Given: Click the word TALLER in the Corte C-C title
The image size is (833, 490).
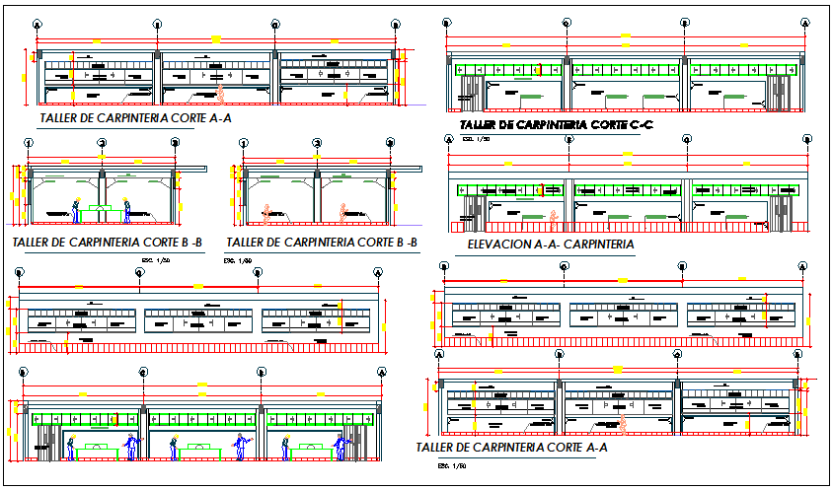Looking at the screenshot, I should (480, 125).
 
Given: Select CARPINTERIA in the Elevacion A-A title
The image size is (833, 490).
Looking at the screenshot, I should (600, 245).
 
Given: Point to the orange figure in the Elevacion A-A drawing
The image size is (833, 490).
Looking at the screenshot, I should (555, 216).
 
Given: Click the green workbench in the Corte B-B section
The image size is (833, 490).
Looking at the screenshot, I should (102, 209).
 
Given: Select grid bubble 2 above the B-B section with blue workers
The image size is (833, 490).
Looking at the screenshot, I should (102, 143).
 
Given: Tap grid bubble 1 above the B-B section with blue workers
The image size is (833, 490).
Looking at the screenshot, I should (29, 143).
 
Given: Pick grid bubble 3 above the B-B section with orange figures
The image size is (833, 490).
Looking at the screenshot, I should (389, 143).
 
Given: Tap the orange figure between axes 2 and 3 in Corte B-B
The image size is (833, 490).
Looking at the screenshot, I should (342, 211).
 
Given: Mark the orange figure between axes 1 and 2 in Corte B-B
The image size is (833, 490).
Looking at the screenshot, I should (266, 211).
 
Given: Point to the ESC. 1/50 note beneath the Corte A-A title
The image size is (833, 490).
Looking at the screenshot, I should (453, 465).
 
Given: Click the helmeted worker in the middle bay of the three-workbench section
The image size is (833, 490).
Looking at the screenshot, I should (176, 447).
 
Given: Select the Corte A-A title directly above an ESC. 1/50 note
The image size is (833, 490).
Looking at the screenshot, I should (511, 448).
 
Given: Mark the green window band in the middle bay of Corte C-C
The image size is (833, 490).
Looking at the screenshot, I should (626, 69).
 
